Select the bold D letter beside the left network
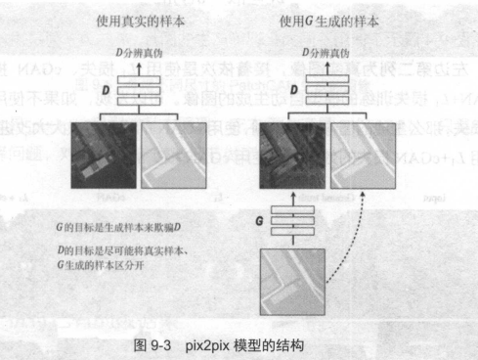point(107,91)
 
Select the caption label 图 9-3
point(152,345)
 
